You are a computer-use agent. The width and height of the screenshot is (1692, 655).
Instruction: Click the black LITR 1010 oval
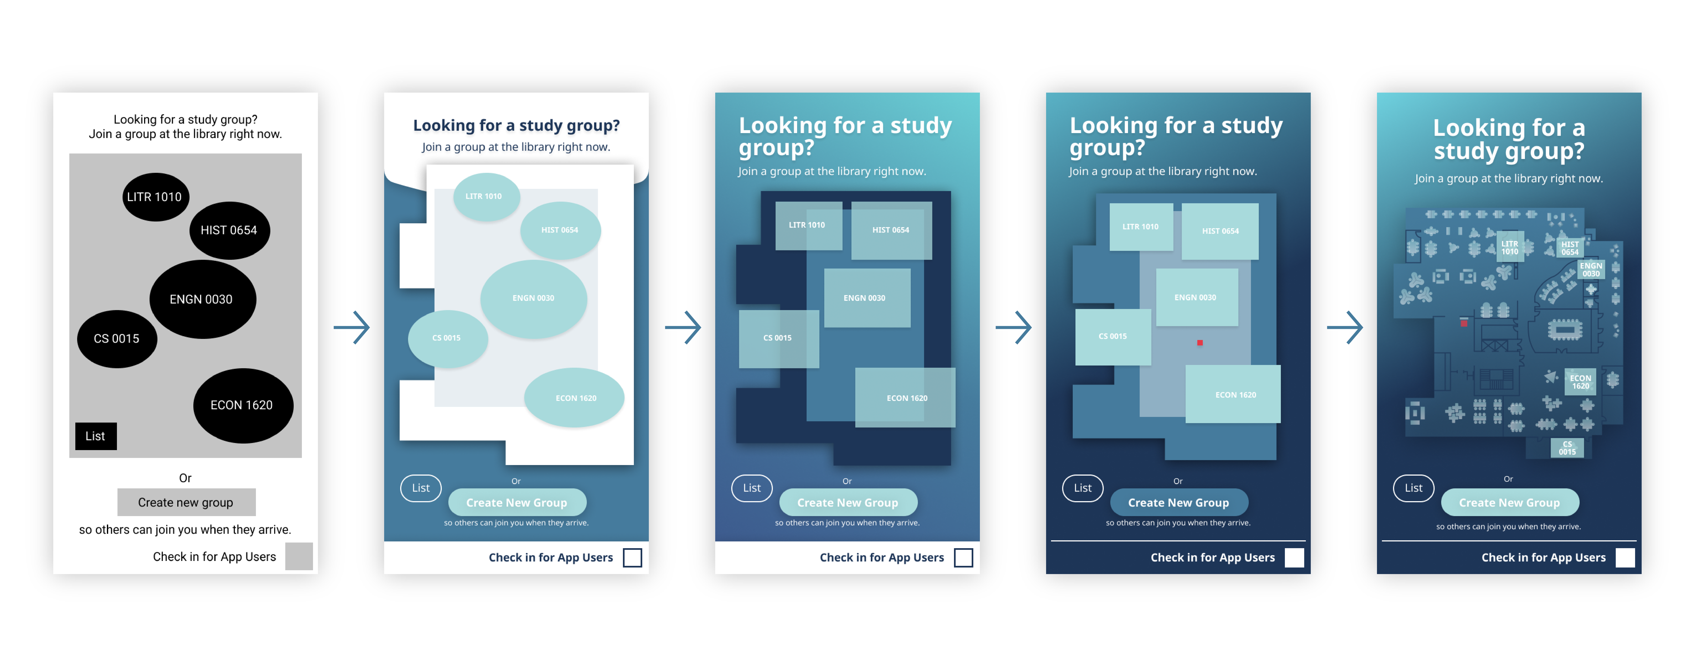[155, 197]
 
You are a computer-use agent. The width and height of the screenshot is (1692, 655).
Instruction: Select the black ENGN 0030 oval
[202, 299]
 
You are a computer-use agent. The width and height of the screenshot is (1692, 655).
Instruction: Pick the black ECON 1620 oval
[242, 405]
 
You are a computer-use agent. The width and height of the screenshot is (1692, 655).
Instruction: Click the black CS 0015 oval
[117, 339]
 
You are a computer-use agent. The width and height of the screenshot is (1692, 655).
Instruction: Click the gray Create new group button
[186, 502]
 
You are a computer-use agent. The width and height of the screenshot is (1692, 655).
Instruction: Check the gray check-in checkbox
[299, 557]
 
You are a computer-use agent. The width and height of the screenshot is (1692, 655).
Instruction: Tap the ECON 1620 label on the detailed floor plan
[1580, 382]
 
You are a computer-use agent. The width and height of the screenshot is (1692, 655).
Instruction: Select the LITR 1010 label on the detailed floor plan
[1509, 247]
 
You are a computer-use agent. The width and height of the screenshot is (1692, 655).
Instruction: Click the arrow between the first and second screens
[352, 327]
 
